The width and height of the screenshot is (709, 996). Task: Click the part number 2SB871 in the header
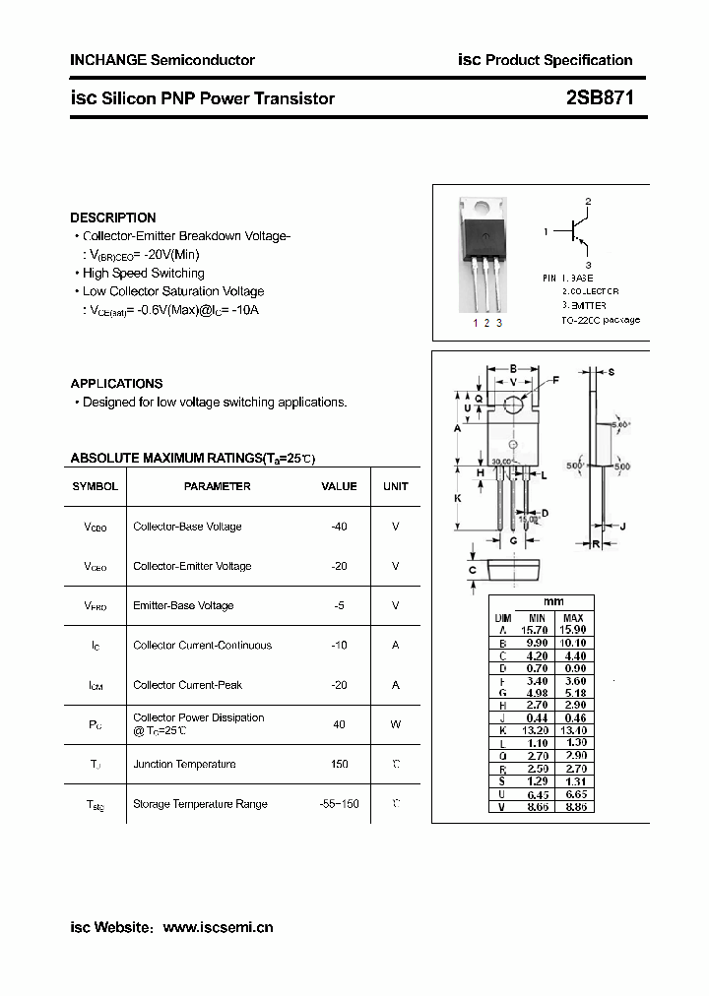tap(600, 98)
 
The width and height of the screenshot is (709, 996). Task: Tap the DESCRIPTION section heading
tap(113, 218)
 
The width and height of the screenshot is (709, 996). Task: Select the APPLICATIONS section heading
tap(116, 384)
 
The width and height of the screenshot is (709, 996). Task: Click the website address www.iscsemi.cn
tap(218, 927)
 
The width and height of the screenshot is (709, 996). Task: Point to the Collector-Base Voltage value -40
tap(340, 527)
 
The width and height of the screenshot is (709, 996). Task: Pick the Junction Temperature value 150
tap(340, 764)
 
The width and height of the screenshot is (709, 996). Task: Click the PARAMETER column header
tap(217, 486)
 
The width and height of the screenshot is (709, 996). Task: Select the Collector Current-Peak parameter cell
tap(187, 685)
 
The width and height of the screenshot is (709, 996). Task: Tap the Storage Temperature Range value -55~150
tap(340, 804)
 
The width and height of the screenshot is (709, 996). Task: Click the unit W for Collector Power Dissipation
tap(396, 724)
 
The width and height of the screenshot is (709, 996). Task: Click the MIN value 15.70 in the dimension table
tap(534, 630)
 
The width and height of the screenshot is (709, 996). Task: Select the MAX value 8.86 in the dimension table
tap(573, 806)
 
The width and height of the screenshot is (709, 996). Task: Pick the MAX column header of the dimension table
tap(573, 617)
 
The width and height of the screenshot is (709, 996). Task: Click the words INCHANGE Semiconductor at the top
tap(162, 60)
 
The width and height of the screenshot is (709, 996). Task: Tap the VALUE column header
tap(340, 486)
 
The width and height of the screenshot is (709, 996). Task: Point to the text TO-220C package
tap(601, 320)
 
